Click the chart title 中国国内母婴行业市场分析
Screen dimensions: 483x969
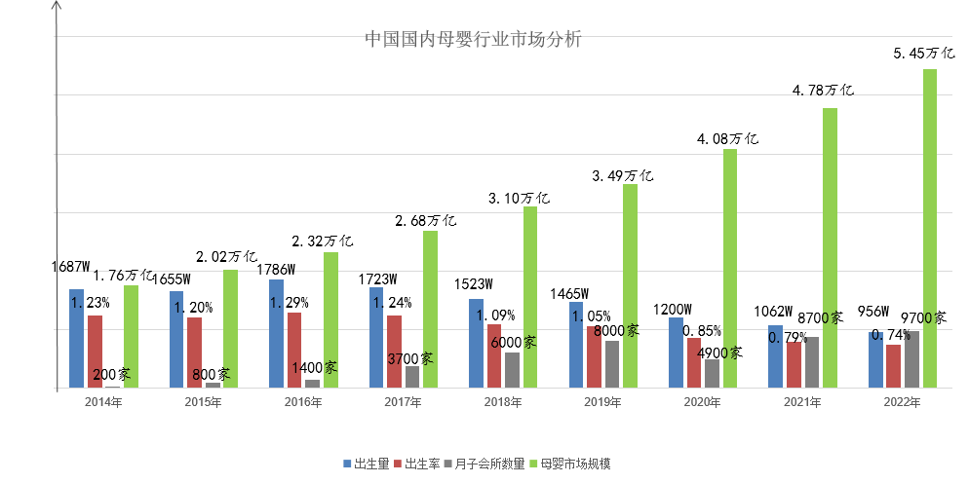click(473, 40)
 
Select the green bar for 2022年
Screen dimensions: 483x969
click(930, 229)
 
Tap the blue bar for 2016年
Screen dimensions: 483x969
click(277, 334)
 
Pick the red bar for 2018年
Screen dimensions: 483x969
click(494, 356)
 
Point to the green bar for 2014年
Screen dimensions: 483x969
click(131, 337)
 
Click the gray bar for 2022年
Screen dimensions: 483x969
click(912, 359)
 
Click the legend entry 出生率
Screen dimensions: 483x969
click(417, 463)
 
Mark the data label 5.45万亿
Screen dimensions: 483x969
click(923, 53)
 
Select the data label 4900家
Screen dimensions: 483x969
click(721, 353)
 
